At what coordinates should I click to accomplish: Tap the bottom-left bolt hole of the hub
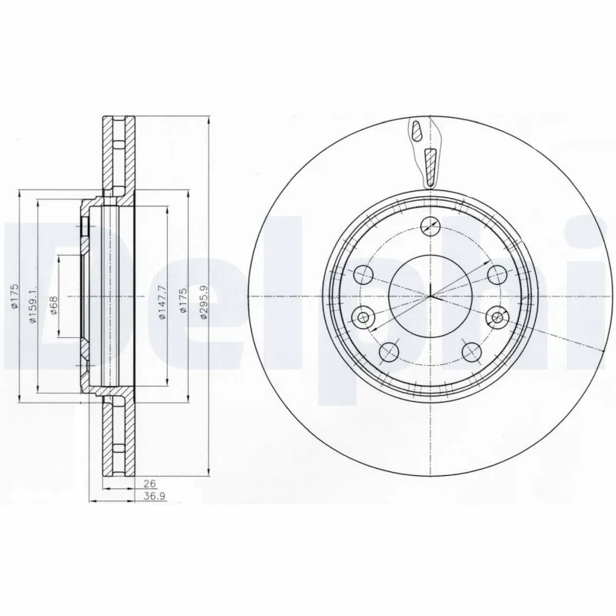[x=390, y=351]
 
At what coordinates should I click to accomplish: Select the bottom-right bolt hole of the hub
[x=469, y=351]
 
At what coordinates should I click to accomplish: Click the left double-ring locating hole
[x=363, y=315]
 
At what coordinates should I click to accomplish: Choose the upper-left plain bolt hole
[x=363, y=273]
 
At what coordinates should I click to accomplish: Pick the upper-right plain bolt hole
[x=495, y=273]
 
